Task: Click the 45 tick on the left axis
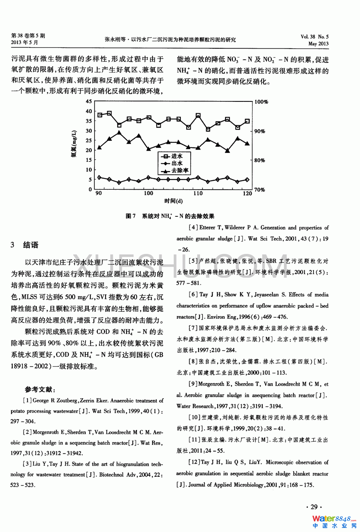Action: [x=89, y=101]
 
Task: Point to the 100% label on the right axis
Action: [x=261, y=102]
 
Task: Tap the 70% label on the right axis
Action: [x=260, y=190]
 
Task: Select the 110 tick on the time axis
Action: [x=198, y=193]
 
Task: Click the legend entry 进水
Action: [x=177, y=156]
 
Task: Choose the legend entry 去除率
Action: [x=180, y=170]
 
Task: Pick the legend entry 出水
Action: [x=177, y=163]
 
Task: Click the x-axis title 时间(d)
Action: [x=173, y=201]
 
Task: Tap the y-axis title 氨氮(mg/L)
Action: [x=74, y=144]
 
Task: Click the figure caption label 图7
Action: [x=131, y=216]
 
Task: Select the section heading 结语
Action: [x=31, y=245]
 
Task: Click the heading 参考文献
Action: [x=40, y=389]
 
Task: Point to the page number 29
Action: [x=314, y=507]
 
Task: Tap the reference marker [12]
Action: [x=194, y=462]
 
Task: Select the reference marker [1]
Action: [x=27, y=401]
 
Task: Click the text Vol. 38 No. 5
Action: [x=314, y=37]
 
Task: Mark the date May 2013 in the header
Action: [x=318, y=43]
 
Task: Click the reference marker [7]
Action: [x=193, y=328]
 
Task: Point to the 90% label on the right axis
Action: [x=260, y=131]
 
